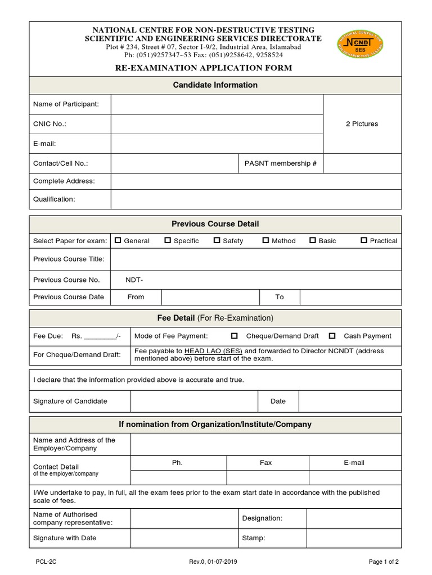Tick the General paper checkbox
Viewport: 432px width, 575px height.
(x=118, y=240)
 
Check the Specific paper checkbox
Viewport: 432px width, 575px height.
(x=168, y=240)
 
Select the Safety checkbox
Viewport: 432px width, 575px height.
(x=217, y=240)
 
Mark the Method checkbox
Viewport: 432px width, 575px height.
(x=265, y=240)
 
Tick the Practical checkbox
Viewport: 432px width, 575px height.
(x=364, y=240)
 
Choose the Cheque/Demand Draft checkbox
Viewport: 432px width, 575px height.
(x=235, y=336)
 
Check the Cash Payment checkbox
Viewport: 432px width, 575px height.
(x=332, y=336)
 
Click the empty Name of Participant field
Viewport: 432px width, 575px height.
(x=217, y=104)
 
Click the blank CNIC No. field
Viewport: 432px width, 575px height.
(x=217, y=124)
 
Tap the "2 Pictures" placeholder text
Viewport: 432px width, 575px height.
(x=362, y=124)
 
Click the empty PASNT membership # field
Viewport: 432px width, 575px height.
(x=362, y=163)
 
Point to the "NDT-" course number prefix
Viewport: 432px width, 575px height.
(x=134, y=280)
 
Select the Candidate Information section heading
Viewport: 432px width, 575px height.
(x=215, y=85)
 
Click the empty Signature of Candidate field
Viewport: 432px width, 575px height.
(x=194, y=401)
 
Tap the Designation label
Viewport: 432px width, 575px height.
(x=262, y=518)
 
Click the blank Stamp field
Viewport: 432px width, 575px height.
(x=354, y=538)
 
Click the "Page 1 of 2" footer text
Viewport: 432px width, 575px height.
(x=384, y=562)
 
